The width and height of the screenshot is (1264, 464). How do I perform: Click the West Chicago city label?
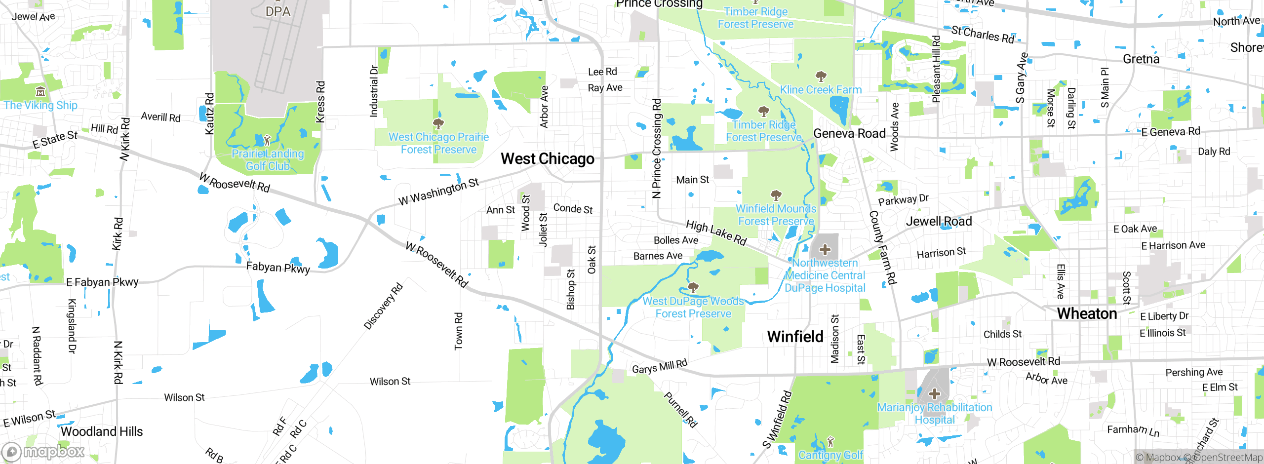[x=547, y=158]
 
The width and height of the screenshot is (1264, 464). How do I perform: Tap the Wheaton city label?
[x=1087, y=313]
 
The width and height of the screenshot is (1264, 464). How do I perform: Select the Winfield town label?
[x=795, y=337]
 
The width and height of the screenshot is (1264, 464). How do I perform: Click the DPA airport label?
[x=277, y=11]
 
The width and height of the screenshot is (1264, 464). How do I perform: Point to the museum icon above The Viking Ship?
[x=40, y=91]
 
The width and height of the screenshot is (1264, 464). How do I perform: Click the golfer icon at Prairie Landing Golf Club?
[x=267, y=140]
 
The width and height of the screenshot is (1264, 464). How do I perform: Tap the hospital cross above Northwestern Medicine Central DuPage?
[x=825, y=250]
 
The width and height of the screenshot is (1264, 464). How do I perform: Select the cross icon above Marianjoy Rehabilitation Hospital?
[x=934, y=394]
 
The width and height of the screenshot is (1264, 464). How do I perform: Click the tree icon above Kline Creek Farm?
[x=821, y=76]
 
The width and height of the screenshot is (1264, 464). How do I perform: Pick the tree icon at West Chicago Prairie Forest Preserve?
[x=438, y=123]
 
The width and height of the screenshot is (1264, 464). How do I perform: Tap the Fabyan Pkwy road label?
[x=278, y=268]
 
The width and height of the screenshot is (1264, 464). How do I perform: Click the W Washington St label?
[x=438, y=192]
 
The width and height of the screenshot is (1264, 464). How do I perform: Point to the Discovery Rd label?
[x=383, y=306]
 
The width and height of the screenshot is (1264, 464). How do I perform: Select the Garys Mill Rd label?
[x=660, y=367]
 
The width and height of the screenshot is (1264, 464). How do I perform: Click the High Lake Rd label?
[x=716, y=232]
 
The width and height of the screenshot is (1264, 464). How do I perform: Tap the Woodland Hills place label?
[x=102, y=431]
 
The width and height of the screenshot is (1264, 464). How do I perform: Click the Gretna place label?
[x=1141, y=59]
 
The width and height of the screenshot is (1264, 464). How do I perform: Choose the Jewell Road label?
[x=939, y=222]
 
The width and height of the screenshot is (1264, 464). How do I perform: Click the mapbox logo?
[x=43, y=451]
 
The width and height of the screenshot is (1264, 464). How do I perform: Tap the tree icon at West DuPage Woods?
[x=693, y=287]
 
